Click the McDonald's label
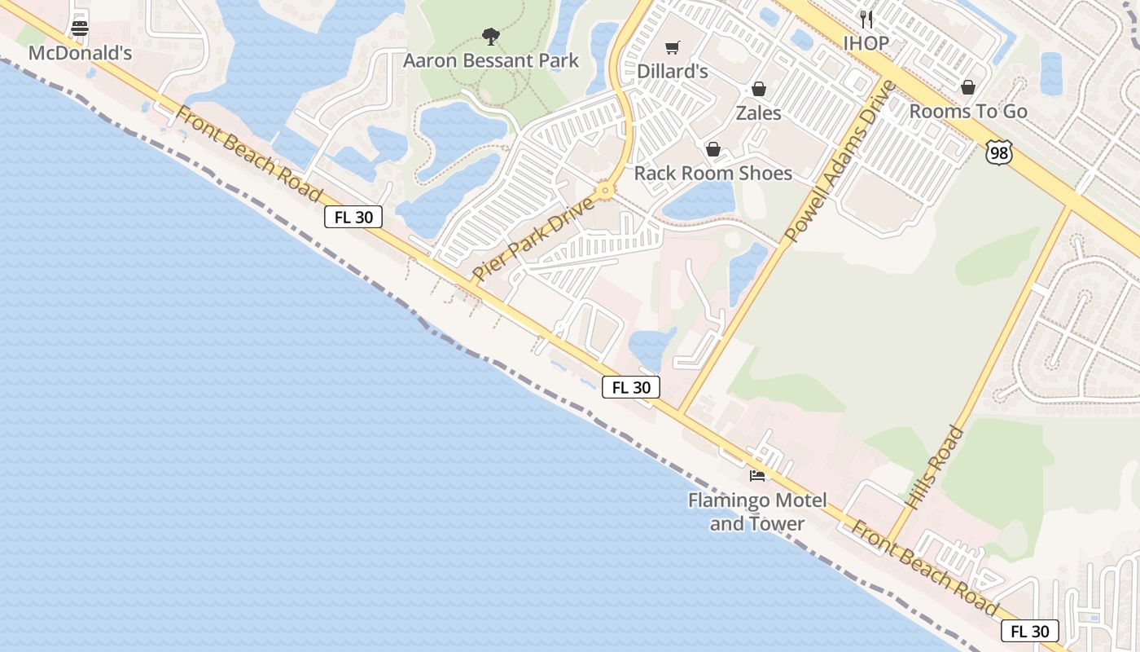[80, 53]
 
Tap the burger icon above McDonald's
[80, 29]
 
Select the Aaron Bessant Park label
[491, 60]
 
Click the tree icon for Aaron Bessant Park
[490, 36]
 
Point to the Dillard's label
[672, 71]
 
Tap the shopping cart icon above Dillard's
[672, 47]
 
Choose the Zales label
[758, 112]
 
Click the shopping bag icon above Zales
[758, 88]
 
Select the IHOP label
[866, 43]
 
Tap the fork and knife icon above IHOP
[866, 19]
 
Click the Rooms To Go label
[968, 111]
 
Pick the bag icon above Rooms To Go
[968, 86]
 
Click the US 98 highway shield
[997, 152]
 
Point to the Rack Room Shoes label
[712, 173]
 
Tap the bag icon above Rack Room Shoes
[713, 148]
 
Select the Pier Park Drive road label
[534, 238]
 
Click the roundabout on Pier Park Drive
[604, 192]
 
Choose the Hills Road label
[934, 469]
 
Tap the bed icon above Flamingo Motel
[757, 475]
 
